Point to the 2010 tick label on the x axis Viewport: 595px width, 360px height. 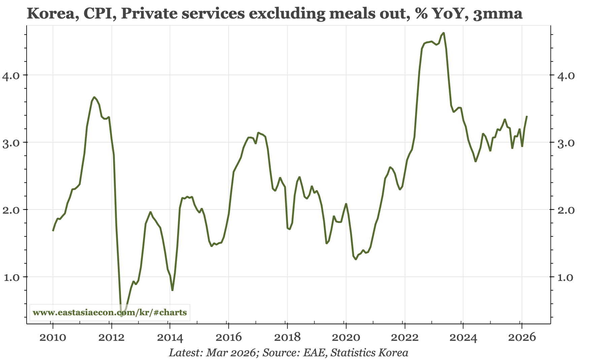(x=53, y=337)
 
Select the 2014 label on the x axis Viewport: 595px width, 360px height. (x=170, y=337)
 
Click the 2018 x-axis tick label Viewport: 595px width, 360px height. (x=287, y=337)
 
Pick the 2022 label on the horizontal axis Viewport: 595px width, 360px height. (x=404, y=337)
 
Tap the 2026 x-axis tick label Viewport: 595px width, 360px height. (x=522, y=337)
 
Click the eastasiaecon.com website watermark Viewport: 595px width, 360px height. (x=110, y=313)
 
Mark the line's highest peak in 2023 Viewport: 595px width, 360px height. (x=444, y=33)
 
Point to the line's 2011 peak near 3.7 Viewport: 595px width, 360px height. (x=94, y=97)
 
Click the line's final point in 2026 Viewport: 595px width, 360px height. (x=527, y=116)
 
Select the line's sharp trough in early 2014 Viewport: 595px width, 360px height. (x=172, y=290)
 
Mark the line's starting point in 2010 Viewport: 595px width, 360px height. (x=53, y=230)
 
